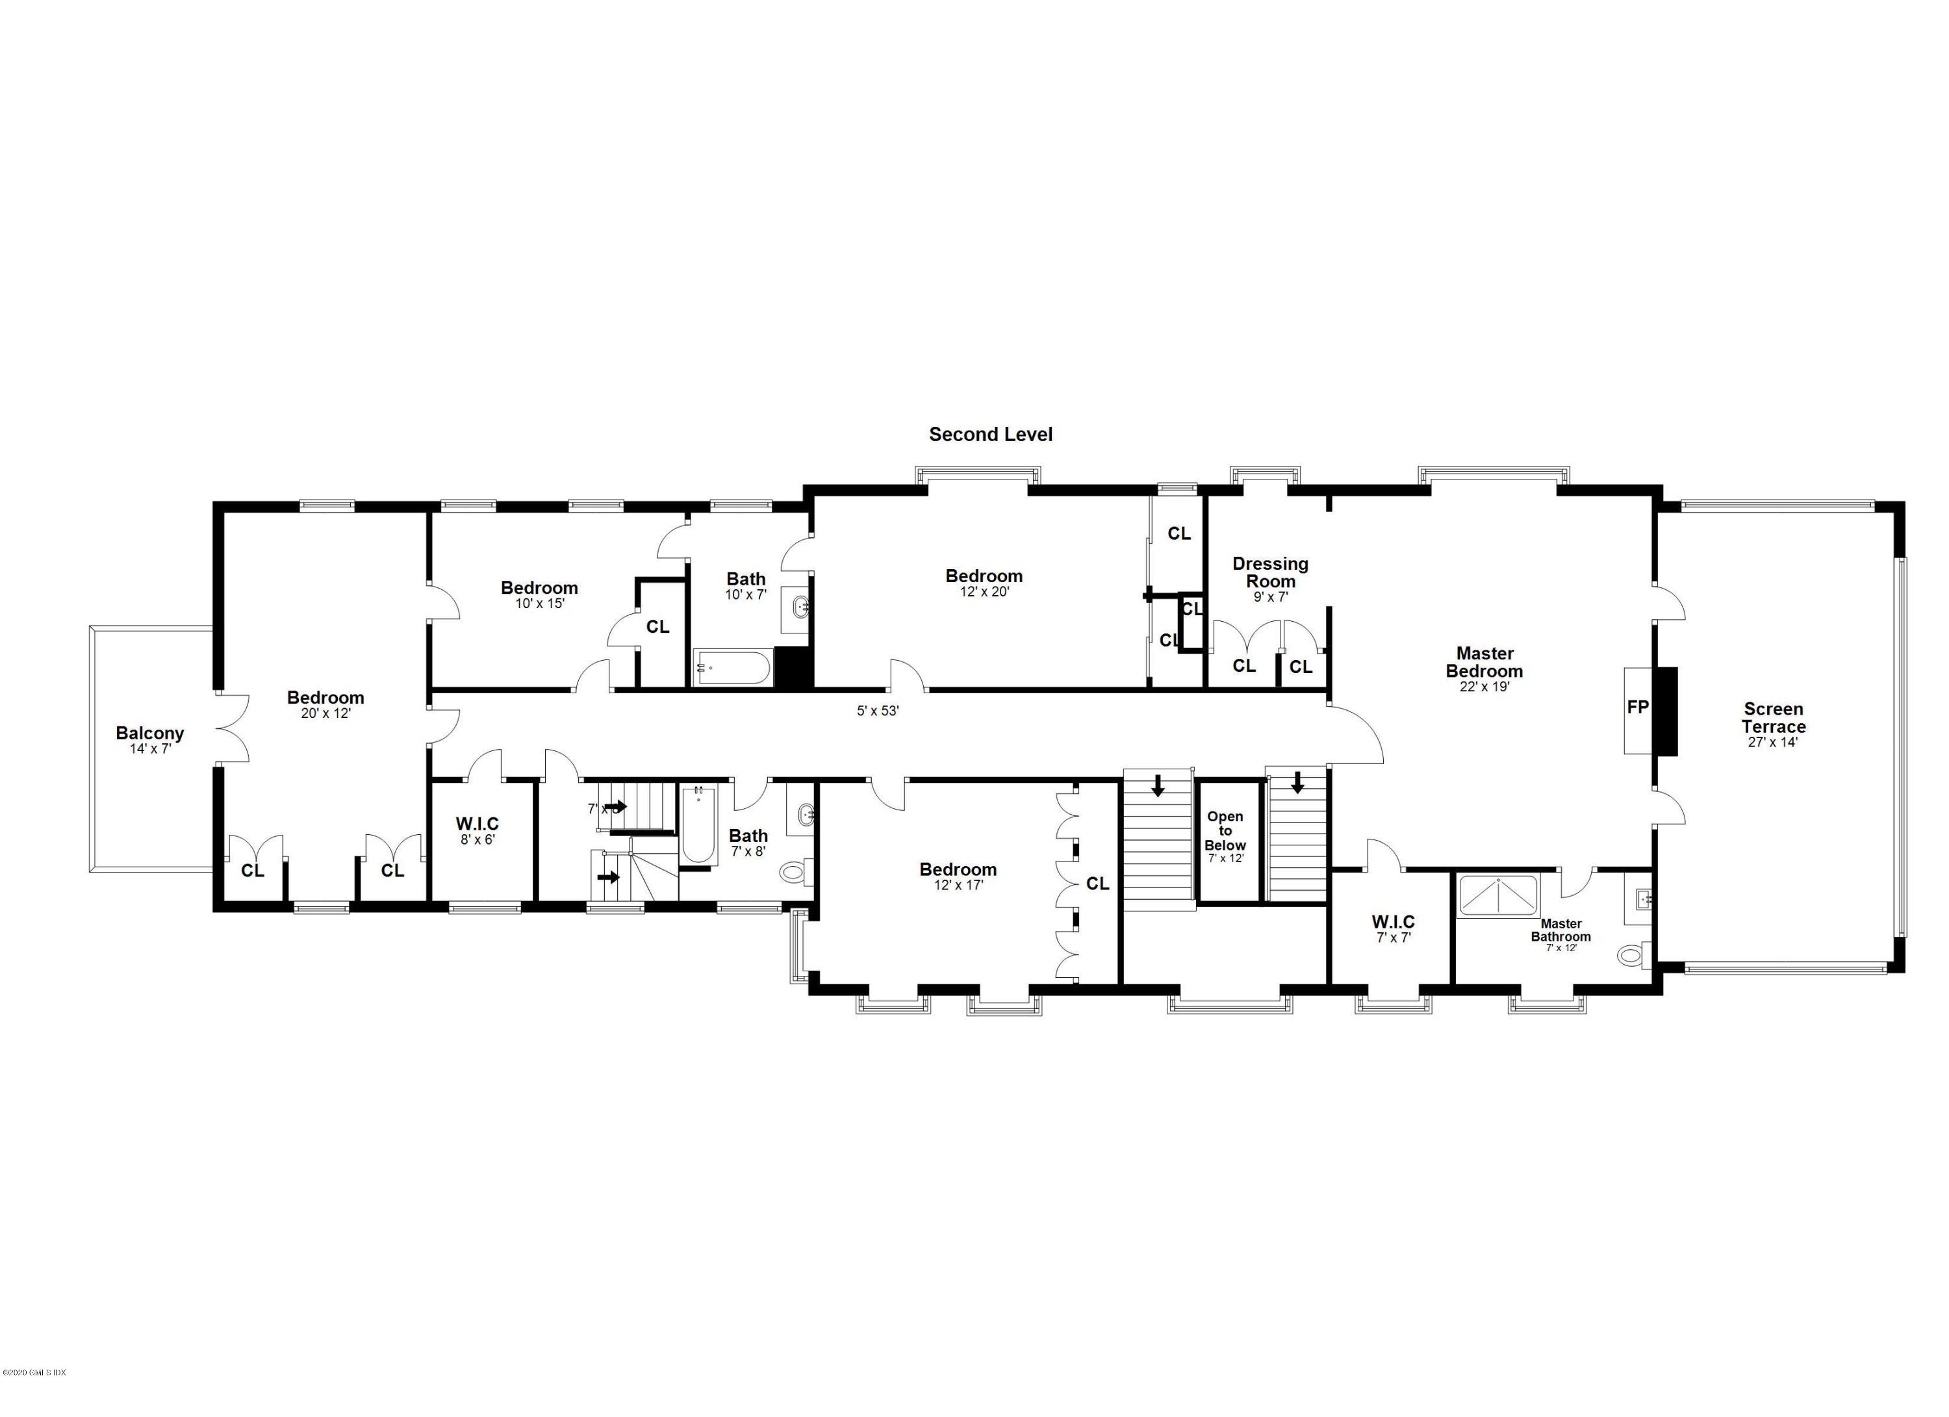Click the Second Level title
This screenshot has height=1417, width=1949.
tap(990, 435)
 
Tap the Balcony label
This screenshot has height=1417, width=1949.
tap(150, 733)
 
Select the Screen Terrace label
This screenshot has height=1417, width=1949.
tap(1773, 717)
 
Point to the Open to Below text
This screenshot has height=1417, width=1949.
tap(1225, 830)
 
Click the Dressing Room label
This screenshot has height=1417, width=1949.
tap(1270, 572)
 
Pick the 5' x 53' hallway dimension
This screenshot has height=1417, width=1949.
tap(878, 711)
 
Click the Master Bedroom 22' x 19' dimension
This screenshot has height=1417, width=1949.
tap(1484, 687)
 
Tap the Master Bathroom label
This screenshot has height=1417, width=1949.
tap(1560, 930)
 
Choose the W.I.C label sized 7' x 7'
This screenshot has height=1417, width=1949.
tap(1393, 922)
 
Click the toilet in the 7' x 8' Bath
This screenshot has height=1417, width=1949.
tap(793, 874)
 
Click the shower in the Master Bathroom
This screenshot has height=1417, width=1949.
tap(1501, 895)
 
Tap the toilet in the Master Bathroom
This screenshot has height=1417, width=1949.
tap(1629, 954)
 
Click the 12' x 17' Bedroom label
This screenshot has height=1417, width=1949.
tap(958, 869)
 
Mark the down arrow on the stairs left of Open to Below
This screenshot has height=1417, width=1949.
tap(1158, 784)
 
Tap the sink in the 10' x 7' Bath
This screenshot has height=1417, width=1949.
tap(801, 607)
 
